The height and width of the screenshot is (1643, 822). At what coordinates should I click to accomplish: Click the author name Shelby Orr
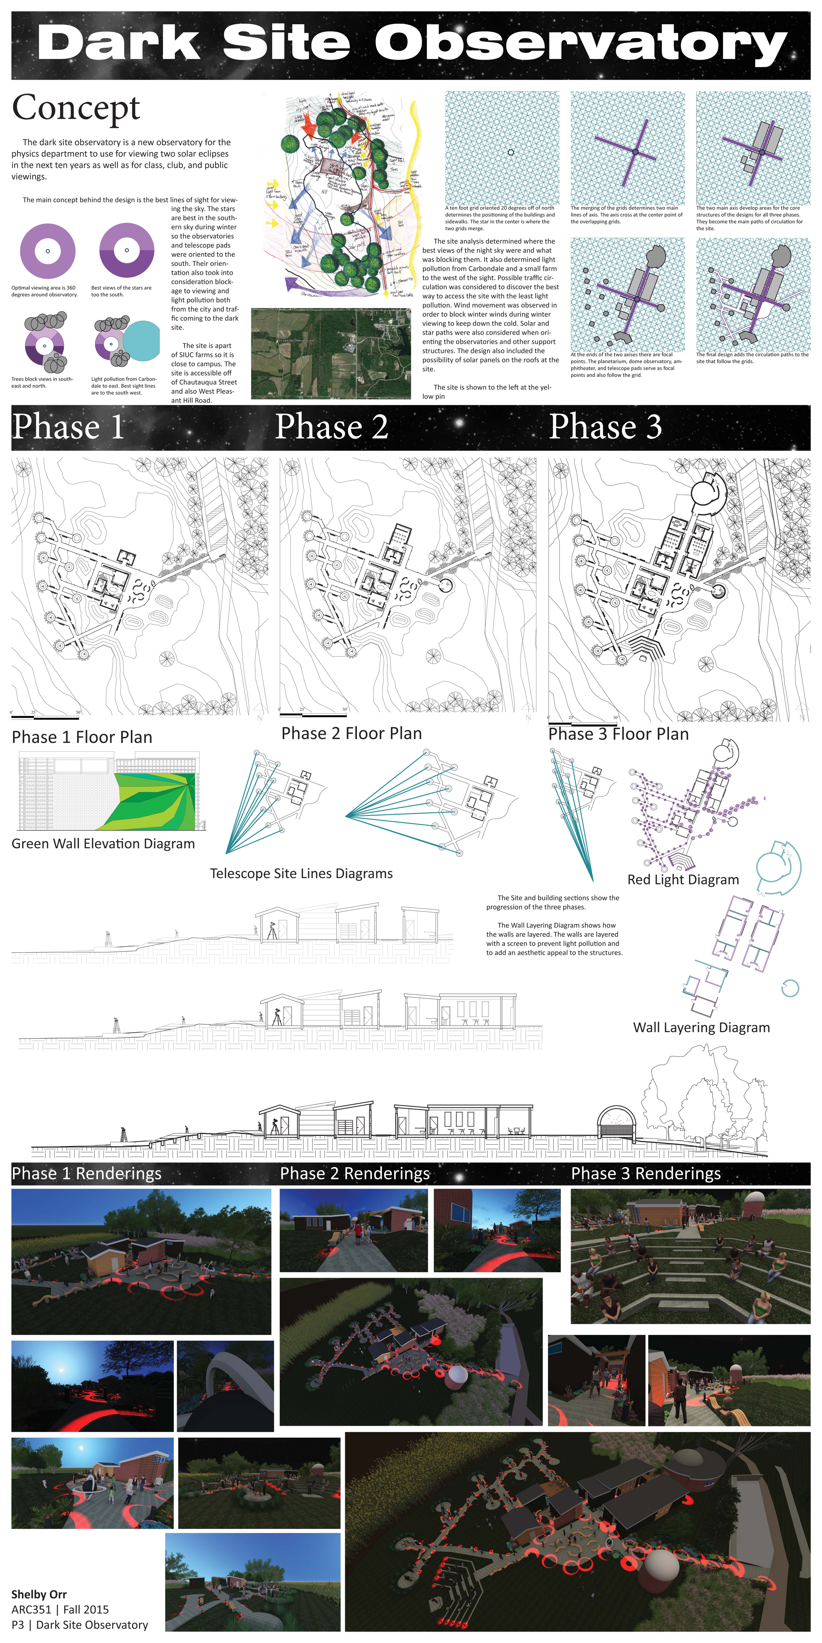[39, 1594]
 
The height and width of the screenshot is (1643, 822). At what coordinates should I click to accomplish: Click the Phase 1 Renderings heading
[86, 1174]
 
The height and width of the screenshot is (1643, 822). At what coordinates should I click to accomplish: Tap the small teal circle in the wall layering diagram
[790, 988]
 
